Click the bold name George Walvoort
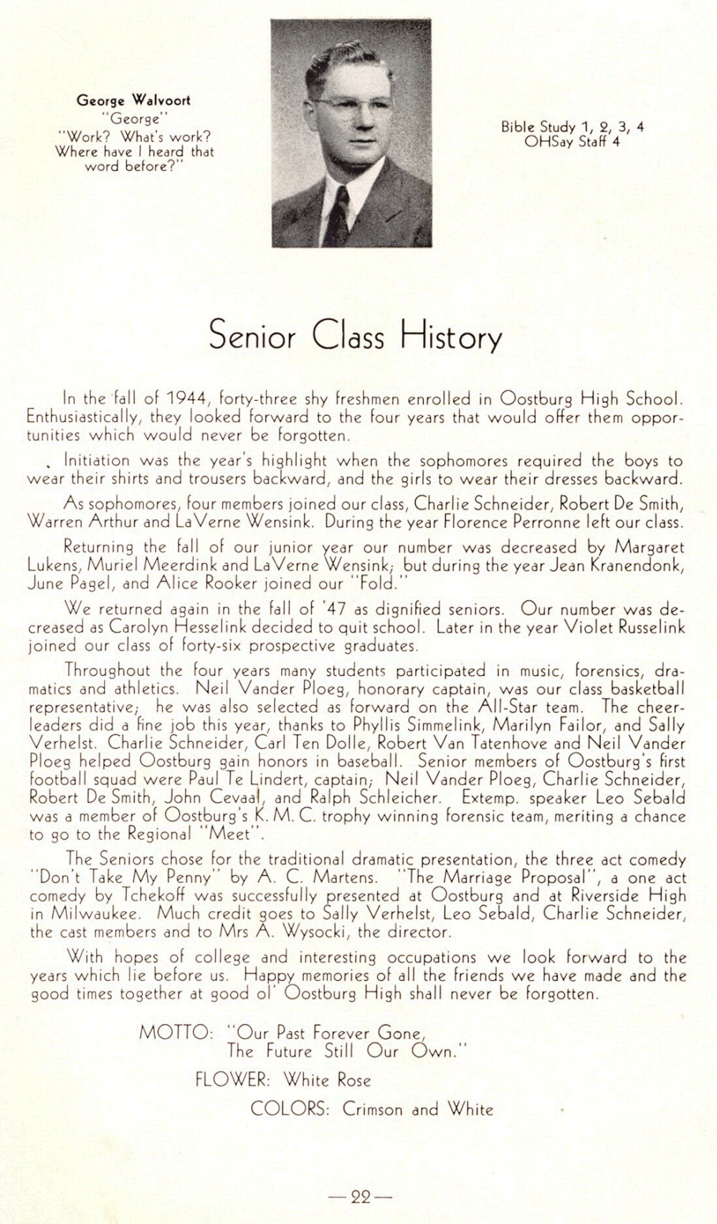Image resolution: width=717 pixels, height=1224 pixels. point(133,100)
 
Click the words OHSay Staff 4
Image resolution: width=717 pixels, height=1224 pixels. point(572,142)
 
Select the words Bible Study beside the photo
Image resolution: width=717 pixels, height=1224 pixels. point(538,127)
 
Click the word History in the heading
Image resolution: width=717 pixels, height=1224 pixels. point(451,337)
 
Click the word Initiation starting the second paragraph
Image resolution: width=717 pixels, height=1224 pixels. point(97,460)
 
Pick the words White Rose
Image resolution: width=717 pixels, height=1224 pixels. point(327,1079)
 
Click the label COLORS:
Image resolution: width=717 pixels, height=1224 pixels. point(289,1108)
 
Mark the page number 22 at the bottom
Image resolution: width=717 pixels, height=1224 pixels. point(360,1197)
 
